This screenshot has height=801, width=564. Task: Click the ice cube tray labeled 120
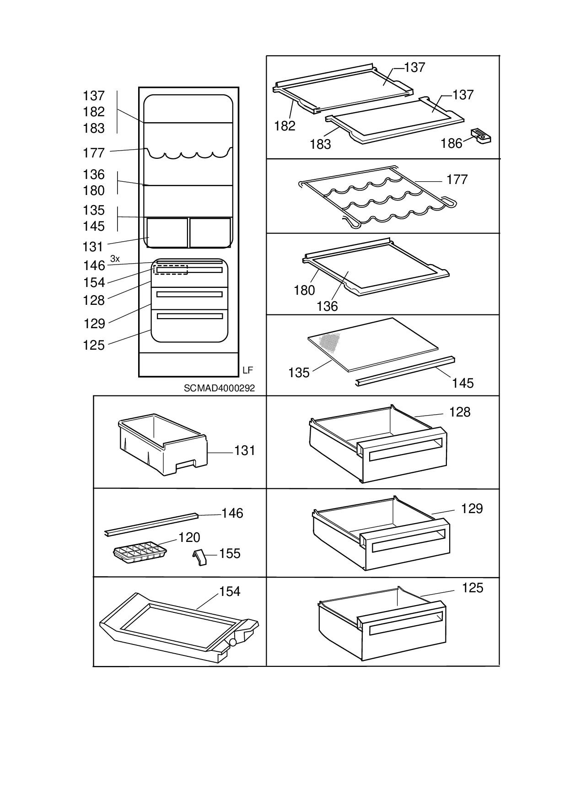[x=140, y=552]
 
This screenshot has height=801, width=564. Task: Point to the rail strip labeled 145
[x=405, y=371]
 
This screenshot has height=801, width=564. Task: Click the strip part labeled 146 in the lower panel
[x=151, y=524]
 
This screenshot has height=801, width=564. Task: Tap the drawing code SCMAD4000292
[x=219, y=388]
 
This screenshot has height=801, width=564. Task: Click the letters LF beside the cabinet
[x=247, y=370]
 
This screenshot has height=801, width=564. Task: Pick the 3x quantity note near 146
[x=115, y=259]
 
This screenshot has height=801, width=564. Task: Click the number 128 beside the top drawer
[x=460, y=412]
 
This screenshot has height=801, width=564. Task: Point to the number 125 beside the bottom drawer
[x=473, y=588]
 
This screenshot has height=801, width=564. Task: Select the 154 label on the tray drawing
[x=230, y=592]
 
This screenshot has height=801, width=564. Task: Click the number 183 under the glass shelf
[x=320, y=144]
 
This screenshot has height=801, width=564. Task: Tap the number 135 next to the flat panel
[x=299, y=373]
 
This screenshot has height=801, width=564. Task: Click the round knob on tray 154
[x=233, y=643]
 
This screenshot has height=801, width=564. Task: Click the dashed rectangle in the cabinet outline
[x=170, y=269]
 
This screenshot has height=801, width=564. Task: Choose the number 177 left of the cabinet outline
[x=94, y=153]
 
